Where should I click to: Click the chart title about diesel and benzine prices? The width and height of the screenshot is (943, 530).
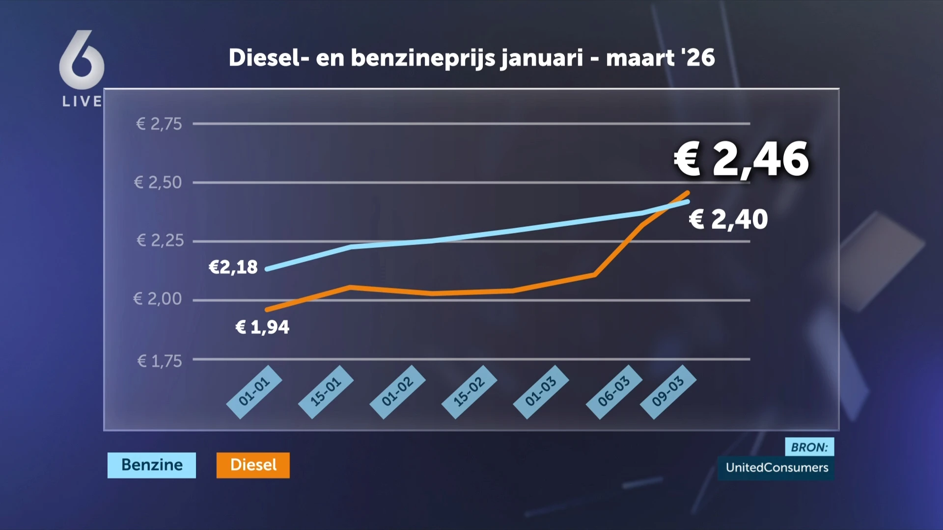pos(471,58)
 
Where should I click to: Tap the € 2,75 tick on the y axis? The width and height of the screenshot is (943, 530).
pos(159,124)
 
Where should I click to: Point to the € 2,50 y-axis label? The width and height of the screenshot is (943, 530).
pos(158,183)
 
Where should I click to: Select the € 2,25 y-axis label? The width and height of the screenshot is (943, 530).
pos(160,240)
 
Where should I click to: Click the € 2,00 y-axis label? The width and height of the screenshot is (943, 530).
pos(157,299)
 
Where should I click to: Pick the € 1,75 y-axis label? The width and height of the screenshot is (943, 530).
pos(159,361)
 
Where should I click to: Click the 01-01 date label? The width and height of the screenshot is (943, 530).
pos(254,392)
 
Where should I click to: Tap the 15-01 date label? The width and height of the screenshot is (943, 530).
pos(326,392)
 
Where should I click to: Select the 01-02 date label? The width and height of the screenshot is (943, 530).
pos(397,392)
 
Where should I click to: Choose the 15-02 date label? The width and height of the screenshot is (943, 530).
pos(469,392)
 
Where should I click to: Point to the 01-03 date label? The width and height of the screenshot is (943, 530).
pos(541,392)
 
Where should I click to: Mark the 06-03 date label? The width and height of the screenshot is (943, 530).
pos(613,392)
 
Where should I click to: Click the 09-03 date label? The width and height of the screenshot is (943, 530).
pos(668,392)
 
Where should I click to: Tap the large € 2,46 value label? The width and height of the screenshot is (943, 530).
pos(741,159)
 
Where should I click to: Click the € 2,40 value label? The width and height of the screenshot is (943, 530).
pos(728,219)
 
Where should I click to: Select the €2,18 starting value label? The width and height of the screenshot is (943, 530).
pos(233,267)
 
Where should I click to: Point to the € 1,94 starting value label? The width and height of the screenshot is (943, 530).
pos(263,327)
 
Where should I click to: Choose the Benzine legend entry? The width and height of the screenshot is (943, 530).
pos(152,465)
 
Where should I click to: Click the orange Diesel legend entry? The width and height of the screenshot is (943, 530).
pos(253,465)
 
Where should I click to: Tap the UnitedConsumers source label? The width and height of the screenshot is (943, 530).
pos(777,468)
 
